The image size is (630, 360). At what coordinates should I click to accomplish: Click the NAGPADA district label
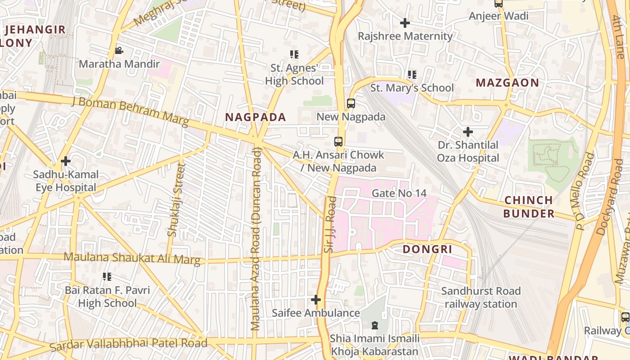coord(255,117)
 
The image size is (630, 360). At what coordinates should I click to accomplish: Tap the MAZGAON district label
coord(507,83)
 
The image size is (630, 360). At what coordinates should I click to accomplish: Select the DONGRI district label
coord(427,249)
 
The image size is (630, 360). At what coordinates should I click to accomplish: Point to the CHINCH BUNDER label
coord(529,207)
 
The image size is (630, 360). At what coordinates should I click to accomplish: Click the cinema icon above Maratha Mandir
coord(119,51)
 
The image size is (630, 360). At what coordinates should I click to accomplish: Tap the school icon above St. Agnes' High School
coord(294,55)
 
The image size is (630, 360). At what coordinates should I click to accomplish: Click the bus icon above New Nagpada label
coord(351,103)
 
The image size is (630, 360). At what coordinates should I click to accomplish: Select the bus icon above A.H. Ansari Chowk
coord(338,142)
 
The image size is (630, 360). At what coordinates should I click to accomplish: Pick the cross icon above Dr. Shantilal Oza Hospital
coord(468,132)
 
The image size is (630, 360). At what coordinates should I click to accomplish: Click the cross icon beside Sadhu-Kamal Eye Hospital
coord(66,161)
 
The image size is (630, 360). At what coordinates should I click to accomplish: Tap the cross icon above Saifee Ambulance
coord(316,299)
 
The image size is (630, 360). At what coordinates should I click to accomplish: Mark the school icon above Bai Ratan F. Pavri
coord(107,276)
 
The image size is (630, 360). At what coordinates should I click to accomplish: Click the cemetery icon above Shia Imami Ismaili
coord(374,325)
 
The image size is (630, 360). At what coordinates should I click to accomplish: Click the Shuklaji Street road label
coord(175,199)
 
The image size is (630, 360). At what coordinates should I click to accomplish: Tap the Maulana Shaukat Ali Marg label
coord(132,258)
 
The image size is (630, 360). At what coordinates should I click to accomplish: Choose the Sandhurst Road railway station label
coord(481,297)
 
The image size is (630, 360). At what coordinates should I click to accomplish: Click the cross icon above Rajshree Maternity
coord(405,22)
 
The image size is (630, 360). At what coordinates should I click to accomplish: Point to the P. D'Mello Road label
coord(585,191)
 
